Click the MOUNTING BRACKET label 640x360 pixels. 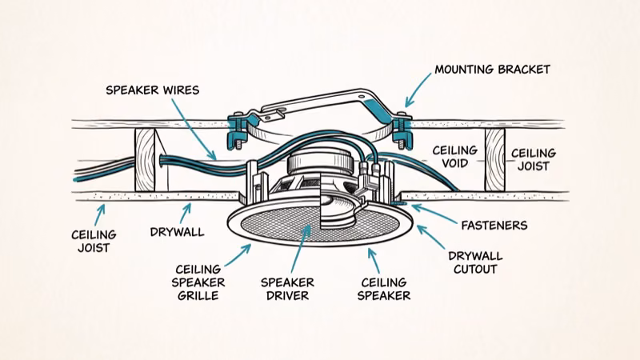(x=492, y=70)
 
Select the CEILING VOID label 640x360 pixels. (x=455, y=158)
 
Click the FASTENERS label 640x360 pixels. (x=498, y=226)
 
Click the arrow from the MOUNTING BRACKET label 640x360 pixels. (x=416, y=93)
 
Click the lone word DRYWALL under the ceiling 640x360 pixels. (x=176, y=233)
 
